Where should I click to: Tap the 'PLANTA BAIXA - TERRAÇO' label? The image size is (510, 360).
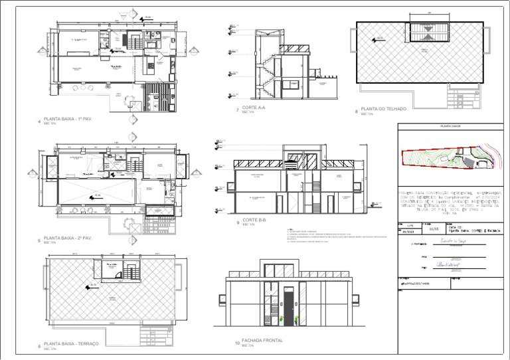pyautogui.click(x=71, y=343)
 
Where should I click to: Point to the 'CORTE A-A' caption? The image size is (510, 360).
pyautogui.click(x=254, y=108)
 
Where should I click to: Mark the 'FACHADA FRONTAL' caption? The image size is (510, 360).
pyautogui.click(x=262, y=341)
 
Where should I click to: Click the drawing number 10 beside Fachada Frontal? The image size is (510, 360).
pyautogui.click(x=237, y=343)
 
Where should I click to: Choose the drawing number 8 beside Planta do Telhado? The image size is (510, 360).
pyautogui.click(x=356, y=112)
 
